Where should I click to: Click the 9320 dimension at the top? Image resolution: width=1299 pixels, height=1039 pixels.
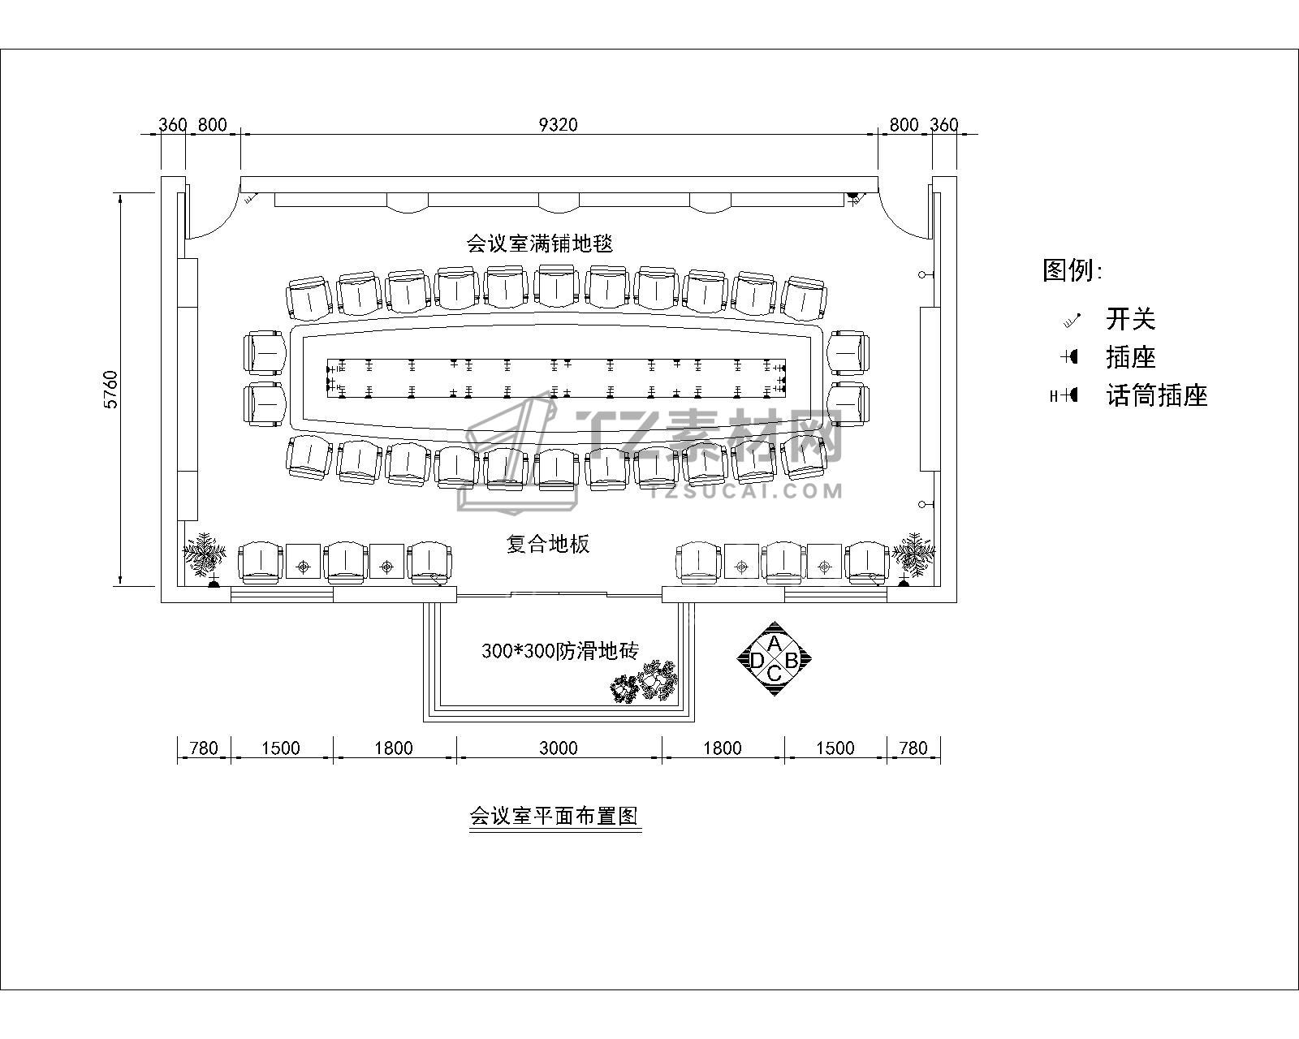[x=559, y=124]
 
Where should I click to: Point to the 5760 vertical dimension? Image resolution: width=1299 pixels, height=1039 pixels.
[x=111, y=390]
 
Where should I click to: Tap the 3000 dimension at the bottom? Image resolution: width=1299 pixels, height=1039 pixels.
[x=559, y=748]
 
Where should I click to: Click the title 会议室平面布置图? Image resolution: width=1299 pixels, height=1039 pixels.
[x=555, y=815]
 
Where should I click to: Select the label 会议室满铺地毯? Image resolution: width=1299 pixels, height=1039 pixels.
[x=538, y=243]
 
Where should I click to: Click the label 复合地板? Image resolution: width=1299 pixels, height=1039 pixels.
[x=548, y=544]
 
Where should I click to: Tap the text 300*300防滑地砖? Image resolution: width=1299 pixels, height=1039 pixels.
[x=560, y=650]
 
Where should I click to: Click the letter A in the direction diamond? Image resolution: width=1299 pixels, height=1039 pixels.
[x=775, y=644]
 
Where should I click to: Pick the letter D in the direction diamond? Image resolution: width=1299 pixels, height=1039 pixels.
[x=756, y=661]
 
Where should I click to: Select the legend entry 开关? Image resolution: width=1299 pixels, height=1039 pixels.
[x=1130, y=319]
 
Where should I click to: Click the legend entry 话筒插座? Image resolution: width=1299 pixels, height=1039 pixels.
[x=1157, y=396]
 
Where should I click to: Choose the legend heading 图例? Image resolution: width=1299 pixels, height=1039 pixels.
[x=1072, y=270]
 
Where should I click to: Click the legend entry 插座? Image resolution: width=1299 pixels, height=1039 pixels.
[x=1130, y=357]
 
